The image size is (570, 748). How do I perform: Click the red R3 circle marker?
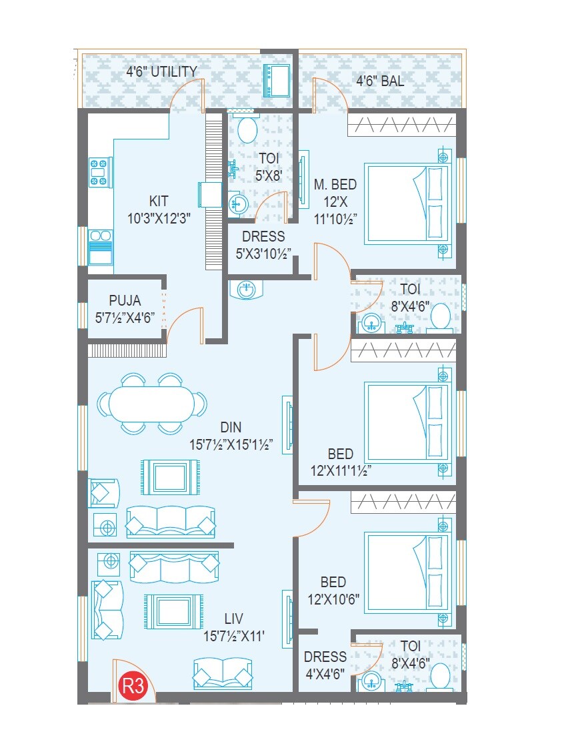click(x=132, y=687)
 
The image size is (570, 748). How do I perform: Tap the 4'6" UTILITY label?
click(x=162, y=71)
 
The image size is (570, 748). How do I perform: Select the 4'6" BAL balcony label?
click(x=380, y=81)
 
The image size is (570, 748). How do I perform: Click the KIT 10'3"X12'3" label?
click(x=159, y=209)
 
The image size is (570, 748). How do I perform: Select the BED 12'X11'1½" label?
click(x=341, y=462)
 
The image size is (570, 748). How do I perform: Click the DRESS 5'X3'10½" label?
click(x=263, y=244)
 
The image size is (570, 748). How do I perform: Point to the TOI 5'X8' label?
click(x=269, y=167)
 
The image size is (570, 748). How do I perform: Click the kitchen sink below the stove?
click(x=101, y=249)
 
